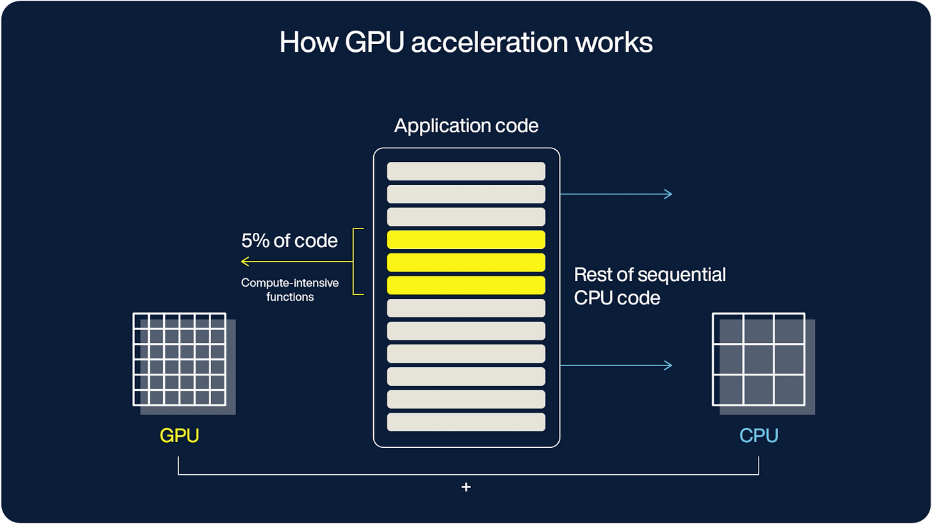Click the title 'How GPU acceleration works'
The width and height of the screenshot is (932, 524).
point(465,42)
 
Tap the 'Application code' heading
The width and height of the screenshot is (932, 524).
point(466,125)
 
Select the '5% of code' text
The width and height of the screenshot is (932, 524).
point(289,241)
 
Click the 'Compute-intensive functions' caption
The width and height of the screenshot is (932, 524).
point(289,289)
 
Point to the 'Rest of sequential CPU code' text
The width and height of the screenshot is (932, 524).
point(649,286)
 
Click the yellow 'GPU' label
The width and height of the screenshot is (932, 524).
point(179,436)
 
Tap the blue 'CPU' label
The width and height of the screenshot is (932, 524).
point(759,436)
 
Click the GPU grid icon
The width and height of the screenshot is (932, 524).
point(180,360)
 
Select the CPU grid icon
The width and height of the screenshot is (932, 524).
point(759,360)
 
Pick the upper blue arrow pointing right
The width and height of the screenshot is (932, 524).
point(616,194)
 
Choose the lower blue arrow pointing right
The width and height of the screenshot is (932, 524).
point(616,365)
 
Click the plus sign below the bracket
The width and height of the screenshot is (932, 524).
point(466,488)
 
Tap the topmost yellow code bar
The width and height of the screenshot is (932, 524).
point(466,239)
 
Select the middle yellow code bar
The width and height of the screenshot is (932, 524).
point(466,262)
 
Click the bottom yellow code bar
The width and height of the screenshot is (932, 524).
point(466,285)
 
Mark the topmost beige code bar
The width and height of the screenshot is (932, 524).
point(466,171)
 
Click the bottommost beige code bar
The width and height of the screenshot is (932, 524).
point(466,422)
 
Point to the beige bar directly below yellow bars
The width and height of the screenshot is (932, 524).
point(466,308)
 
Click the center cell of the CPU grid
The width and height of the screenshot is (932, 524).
point(759,360)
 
